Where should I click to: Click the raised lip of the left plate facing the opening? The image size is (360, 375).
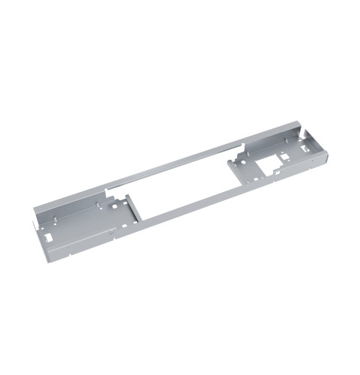pos(132,210)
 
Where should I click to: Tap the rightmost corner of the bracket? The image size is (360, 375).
pos(328,142)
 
